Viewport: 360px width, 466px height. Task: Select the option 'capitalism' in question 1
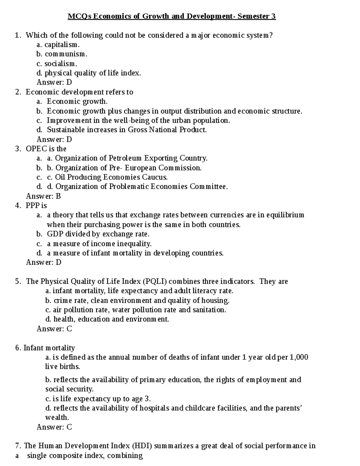tap(62, 45)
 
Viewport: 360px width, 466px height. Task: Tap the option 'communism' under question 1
tap(66, 54)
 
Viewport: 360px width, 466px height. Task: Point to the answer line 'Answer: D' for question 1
tap(54, 83)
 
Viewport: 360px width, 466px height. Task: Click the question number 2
tap(18, 92)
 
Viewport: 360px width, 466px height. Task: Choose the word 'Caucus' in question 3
tap(154, 177)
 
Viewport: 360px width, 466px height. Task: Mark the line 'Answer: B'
tap(43, 196)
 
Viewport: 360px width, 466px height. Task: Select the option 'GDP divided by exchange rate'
tap(98, 234)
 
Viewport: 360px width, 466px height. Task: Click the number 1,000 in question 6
tap(299, 357)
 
